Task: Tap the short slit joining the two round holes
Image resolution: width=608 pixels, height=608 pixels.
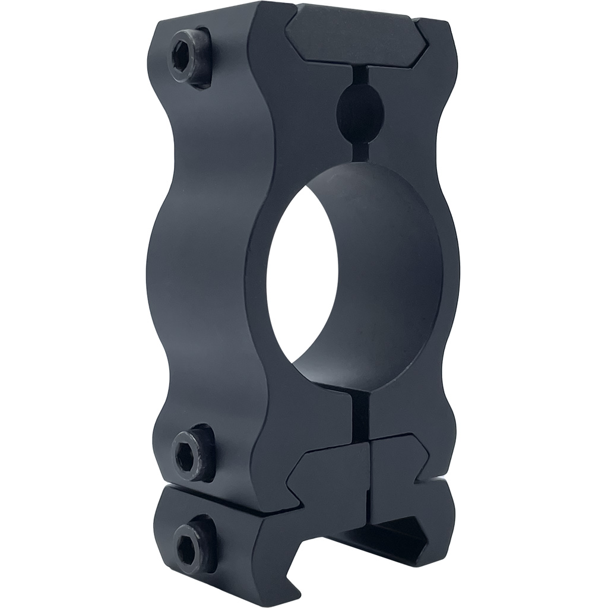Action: click(360, 151)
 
